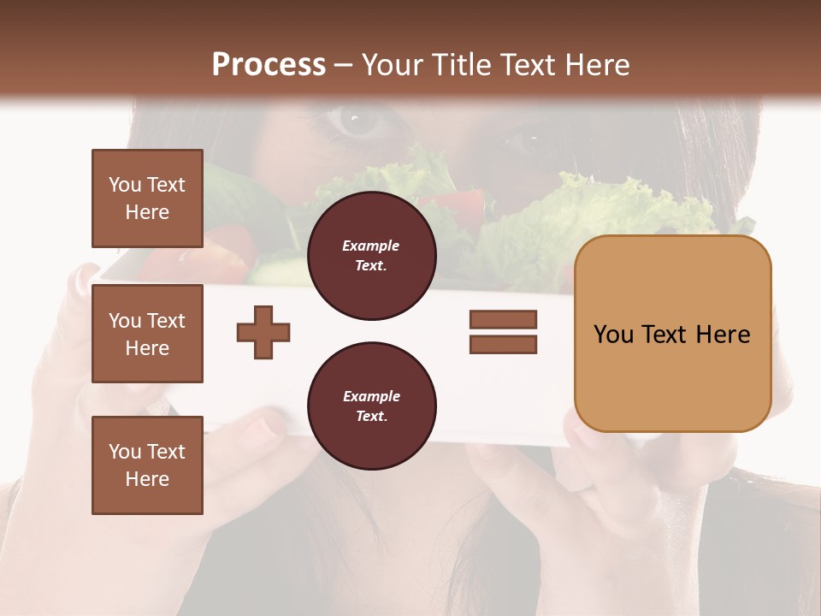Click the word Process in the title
pyautogui.click(x=269, y=65)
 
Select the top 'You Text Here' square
pyautogui.click(x=147, y=198)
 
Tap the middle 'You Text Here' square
pyautogui.click(x=147, y=334)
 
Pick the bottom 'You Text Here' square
pyautogui.click(x=147, y=465)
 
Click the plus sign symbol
pyautogui.click(x=263, y=331)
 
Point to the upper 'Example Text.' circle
pyautogui.click(x=371, y=256)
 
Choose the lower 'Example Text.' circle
pyautogui.click(x=371, y=406)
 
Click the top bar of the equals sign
pyautogui.click(x=503, y=319)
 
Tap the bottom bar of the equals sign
pyautogui.click(x=503, y=344)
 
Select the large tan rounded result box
pyautogui.click(x=672, y=334)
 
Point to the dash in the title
pyautogui.click(x=344, y=65)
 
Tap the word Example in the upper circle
pyautogui.click(x=371, y=246)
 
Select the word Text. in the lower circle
pyautogui.click(x=371, y=416)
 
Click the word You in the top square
pyautogui.click(x=125, y=185)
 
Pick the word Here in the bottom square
pyautogui.click(x=147, y=479)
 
